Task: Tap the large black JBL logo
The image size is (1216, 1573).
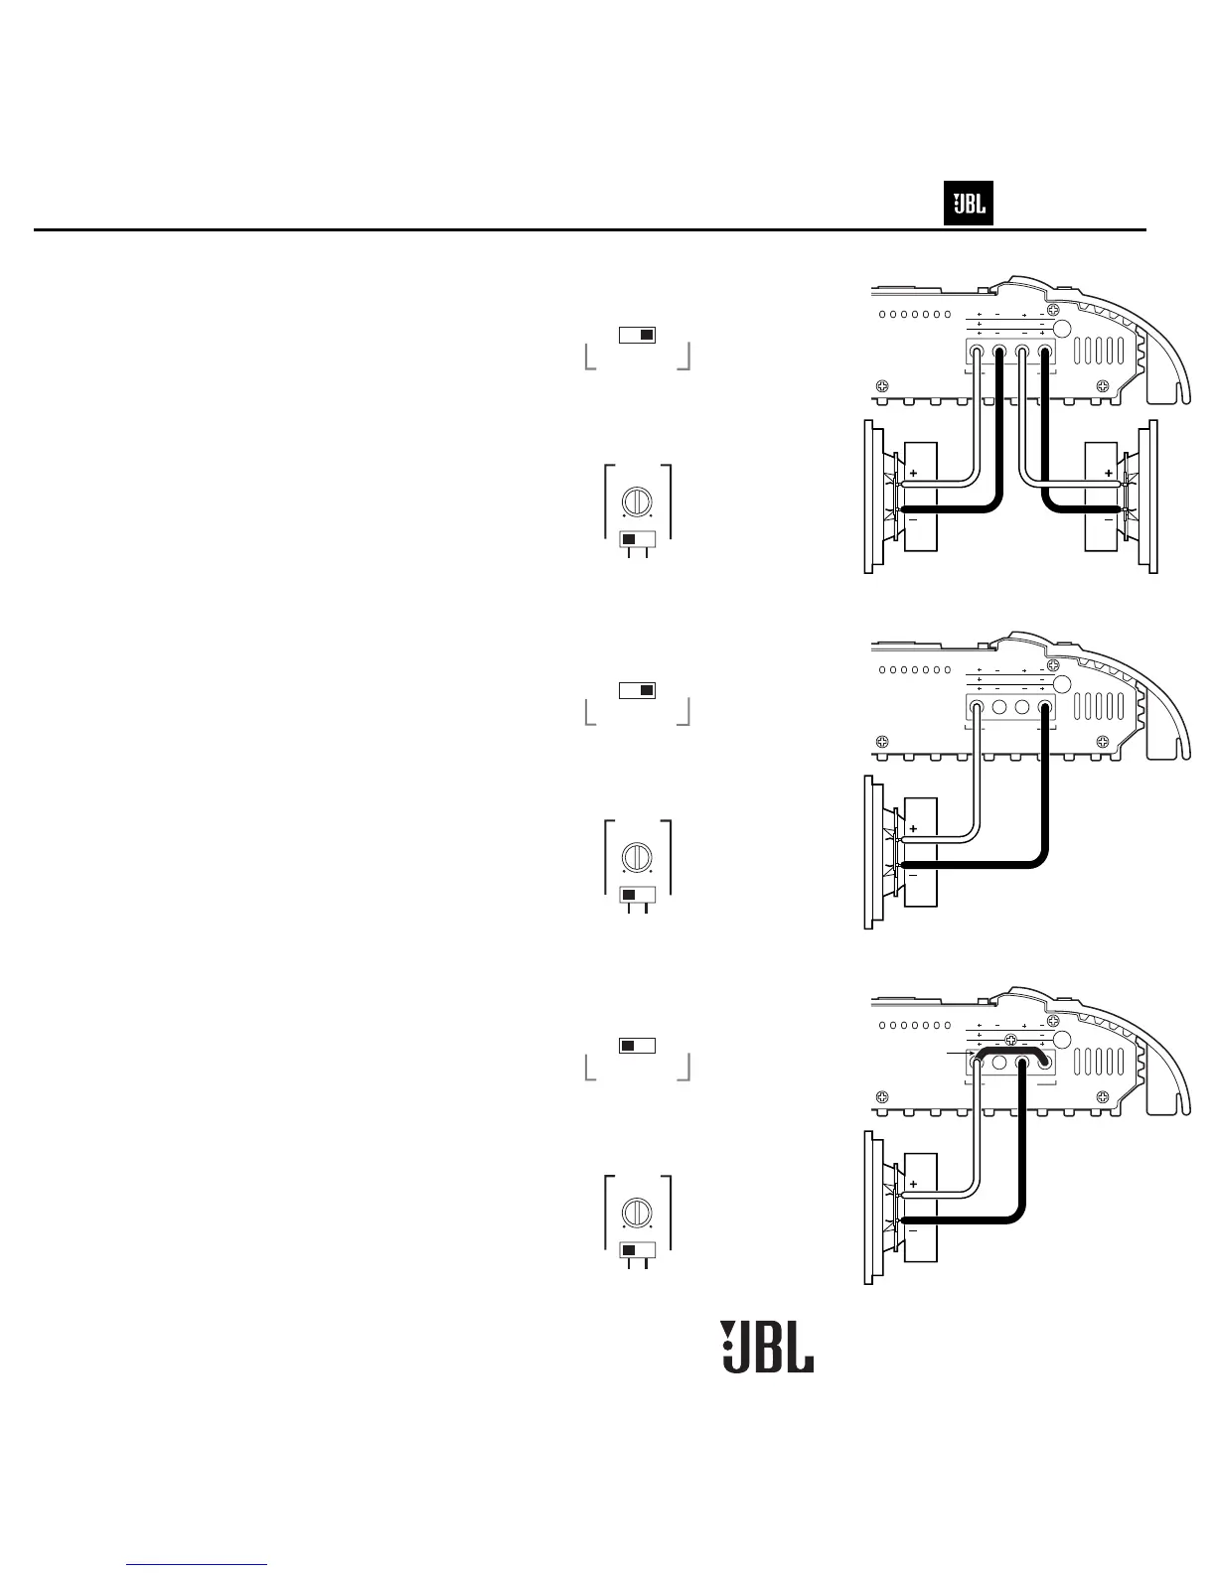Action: click(767, 1348)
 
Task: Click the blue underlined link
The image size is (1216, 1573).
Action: click(198, 1565)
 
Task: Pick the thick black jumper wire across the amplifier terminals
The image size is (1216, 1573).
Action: click(1011, 1051)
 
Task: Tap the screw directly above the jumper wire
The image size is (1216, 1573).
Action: click(1010, 1040)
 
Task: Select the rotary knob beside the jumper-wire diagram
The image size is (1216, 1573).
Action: click(636, 1213)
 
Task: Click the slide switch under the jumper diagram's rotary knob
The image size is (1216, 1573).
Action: click(638, 1249)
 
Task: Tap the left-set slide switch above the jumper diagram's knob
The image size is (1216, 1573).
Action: click(638, 1045)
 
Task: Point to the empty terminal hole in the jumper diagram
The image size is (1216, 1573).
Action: click(1000, 1062)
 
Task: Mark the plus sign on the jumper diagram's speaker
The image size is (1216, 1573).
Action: click(913, 1184)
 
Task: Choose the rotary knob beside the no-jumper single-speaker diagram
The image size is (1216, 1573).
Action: click(636, 856)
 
